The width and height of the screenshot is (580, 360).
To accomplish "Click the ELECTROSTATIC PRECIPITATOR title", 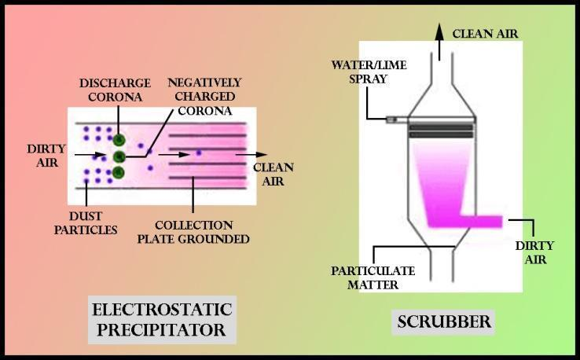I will pyautogui.click(x=162, y=318).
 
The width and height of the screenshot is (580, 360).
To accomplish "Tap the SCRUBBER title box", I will pyautogui.click(x=444, y=321).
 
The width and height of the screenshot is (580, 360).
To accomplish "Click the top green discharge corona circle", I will pyautogui.click(x=119, y=140).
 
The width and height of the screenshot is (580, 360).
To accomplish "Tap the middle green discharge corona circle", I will pyautogui.click(x=119, y=156).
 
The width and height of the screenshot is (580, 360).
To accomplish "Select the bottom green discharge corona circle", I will pyautogui.click(x=119, y=172).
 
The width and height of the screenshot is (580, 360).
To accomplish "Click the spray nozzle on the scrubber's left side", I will pyautogui.click(x=390, y=119).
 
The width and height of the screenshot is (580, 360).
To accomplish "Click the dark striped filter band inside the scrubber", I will pyautogui.click(x=440, y=130).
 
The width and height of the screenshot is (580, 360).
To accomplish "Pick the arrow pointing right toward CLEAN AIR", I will pyautogui.click(x=255, y=155).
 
